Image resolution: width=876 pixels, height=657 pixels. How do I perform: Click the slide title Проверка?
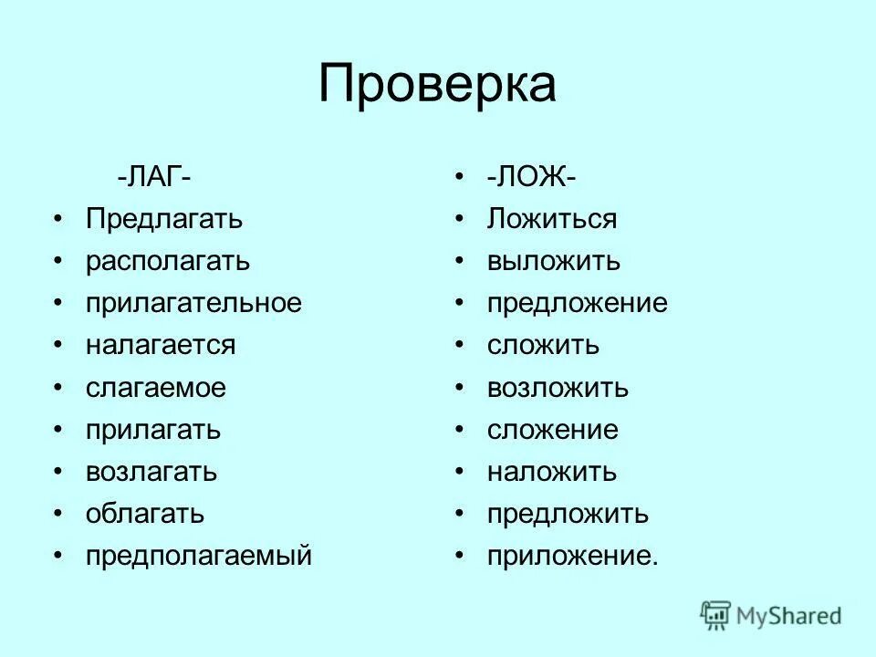(x=437, y=85)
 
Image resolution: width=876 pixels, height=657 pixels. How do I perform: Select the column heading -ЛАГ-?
(x=153, y=176)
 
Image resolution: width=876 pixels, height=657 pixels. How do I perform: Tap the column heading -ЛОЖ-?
(x=530, y=176)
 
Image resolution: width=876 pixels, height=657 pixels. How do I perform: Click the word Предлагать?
(x=164, y=219)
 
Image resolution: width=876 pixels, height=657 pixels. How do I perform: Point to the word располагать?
(x=168, y=261)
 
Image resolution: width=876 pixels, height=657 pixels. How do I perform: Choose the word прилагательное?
(x=193, y=303)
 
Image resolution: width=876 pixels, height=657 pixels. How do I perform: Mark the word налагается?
(x=161, y=345)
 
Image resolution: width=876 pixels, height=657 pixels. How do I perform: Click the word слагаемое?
(x=156, y=388)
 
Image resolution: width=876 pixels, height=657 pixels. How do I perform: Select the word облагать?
(x=145, y=514)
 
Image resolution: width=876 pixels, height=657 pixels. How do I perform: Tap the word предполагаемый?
(x=199, y=557)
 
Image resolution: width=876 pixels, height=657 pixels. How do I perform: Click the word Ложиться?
(x=552, y=219)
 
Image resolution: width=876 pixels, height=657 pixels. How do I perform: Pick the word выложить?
(x=553, y=261)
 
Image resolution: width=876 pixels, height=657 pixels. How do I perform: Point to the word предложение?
(x=577, y=303)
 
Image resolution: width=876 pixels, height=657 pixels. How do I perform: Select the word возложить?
(x=558, y=388)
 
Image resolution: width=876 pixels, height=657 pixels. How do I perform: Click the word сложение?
(x=552, y=430)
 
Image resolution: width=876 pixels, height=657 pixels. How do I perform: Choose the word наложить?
(x=551, y=472)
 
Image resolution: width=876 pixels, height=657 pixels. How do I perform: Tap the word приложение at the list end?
(x=571, y=557)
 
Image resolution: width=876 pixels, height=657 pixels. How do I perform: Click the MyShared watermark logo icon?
(x=716, y=616)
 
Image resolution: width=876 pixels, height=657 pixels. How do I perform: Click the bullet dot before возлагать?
(x=59, y=472)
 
